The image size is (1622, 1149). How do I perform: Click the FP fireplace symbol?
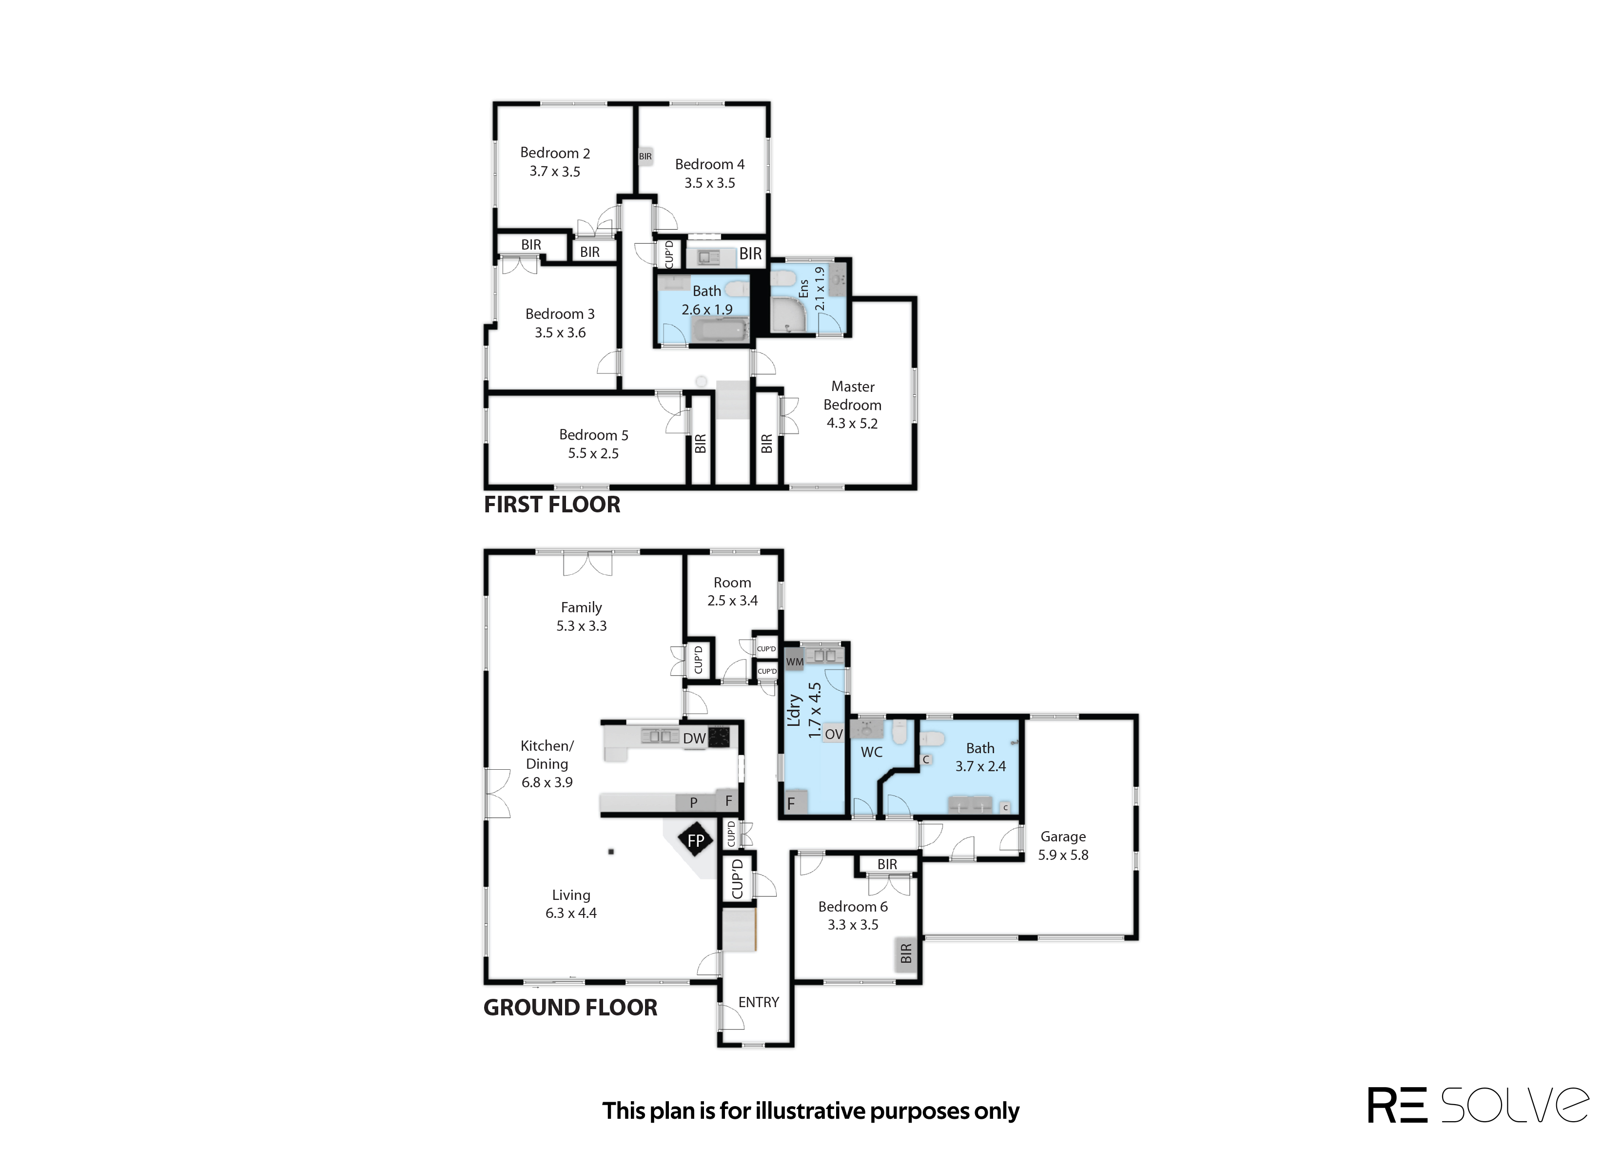[x=696, y=840]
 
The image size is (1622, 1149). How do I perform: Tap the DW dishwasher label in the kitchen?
[x=695, y=739]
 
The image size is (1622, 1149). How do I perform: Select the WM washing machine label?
[x=794, y=662]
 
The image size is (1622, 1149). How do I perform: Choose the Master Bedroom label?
[x=852, y=395]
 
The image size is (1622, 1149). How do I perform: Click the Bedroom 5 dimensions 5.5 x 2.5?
[x=593, y=453]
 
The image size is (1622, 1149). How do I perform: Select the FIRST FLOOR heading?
[x=552, y=505]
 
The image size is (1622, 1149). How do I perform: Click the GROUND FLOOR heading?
[x=570, y=1008]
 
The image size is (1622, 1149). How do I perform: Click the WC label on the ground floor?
[x=872, y=752]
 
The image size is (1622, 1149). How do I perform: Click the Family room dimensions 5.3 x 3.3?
[x=582, y=626]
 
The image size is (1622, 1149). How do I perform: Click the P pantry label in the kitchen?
[x=693, y=802]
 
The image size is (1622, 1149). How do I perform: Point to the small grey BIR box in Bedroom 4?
[x=645, y=156]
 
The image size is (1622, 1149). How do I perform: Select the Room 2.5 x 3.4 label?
[x=732, y=591]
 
